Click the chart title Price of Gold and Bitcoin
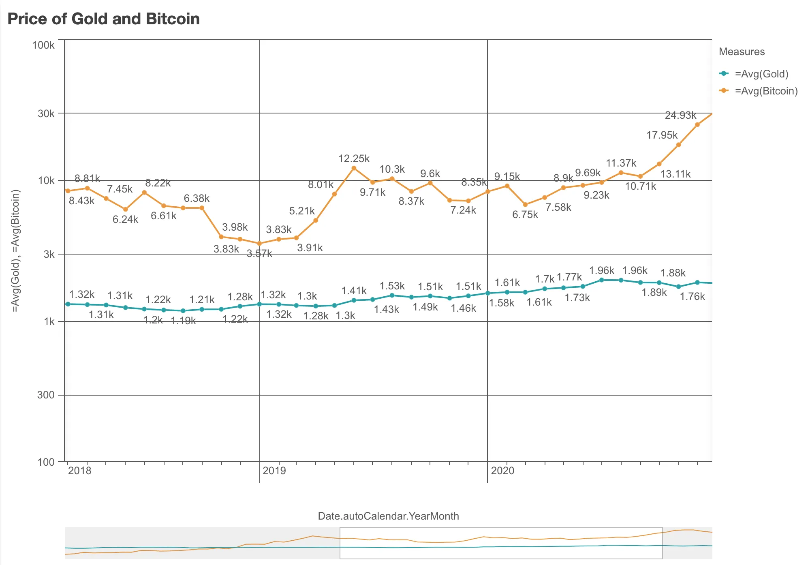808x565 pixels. [104, 19]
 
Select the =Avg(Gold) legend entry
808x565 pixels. [761, 74]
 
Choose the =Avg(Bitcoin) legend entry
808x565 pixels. [766, 91]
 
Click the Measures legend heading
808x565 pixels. [742, 51]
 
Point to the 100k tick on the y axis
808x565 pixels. [43, 45]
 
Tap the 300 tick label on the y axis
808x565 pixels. [46, 395]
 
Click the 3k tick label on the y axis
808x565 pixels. [49, 254]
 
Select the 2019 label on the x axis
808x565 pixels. [274, 471]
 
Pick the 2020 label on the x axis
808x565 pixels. [502, 471]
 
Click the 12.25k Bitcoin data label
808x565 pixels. [354, 158]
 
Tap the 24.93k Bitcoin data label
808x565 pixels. [680, 115]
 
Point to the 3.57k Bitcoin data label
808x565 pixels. [259, 254]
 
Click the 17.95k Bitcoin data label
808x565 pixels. [662, 135]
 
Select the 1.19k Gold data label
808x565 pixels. [183, 321]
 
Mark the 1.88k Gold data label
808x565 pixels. [673, 273]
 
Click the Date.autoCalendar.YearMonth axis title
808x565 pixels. [388, 516]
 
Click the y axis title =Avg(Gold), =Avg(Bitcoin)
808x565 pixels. [15, 251]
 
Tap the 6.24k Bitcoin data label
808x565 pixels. [125, 219]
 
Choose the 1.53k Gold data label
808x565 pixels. [392, 286]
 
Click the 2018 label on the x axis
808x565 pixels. [80, 471]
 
